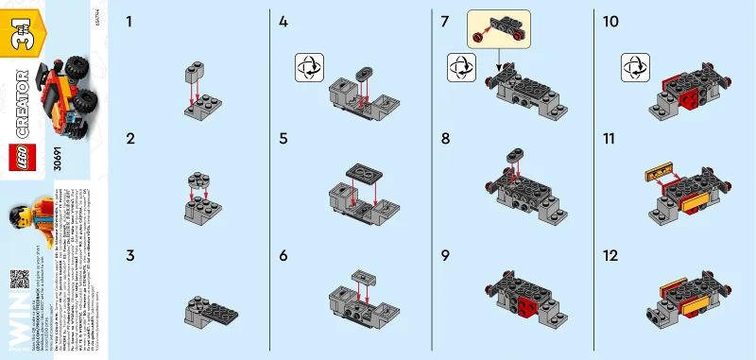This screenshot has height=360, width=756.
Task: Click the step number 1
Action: pyautogui.click(x=129, y=20)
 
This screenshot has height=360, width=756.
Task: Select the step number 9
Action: pyautogui.click(x=444, y=256)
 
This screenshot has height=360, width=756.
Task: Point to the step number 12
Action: pyautogui.click(x=609, y=256)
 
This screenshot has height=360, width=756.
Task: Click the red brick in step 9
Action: pyautogui.click(x=526, y=306)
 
